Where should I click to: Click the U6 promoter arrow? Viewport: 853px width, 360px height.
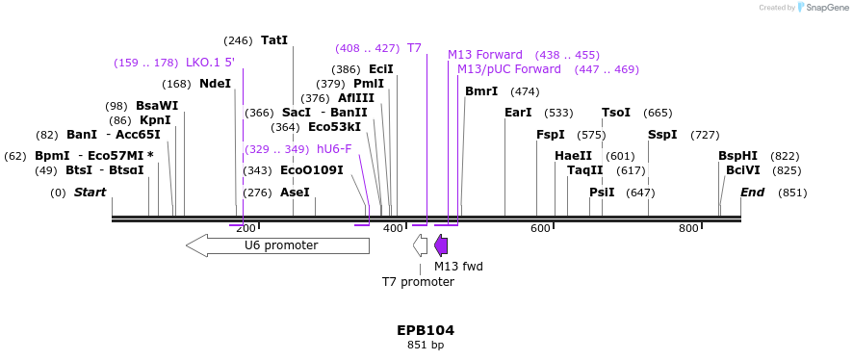[277, 245]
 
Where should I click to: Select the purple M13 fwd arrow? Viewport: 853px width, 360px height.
[441, 245]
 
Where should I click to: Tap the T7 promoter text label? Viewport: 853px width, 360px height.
[418, 282]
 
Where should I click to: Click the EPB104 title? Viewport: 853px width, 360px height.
[426, 330]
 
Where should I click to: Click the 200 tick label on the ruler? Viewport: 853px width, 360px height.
[246, 228]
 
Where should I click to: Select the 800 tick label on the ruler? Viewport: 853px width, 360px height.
[688, 228]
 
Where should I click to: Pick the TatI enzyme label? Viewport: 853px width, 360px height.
[274, 40]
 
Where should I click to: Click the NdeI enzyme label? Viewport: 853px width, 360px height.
[215, 84]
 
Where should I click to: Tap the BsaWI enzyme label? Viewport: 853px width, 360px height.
[157, 106]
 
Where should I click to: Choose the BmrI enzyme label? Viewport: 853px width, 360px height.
[481, 91]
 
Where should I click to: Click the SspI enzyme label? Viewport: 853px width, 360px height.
[662, 135]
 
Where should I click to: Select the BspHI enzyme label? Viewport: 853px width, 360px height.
[737, 156]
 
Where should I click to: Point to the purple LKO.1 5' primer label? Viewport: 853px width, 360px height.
[210, 63]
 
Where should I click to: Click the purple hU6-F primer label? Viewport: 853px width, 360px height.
[334, 149]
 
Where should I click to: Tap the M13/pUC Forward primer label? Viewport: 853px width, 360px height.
[508, 69]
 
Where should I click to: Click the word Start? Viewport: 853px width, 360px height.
[90, 193]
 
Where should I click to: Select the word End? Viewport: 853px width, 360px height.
[752, 193]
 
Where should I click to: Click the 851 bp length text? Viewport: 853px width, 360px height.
[426, 345]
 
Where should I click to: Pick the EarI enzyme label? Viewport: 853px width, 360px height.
[518, 113]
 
